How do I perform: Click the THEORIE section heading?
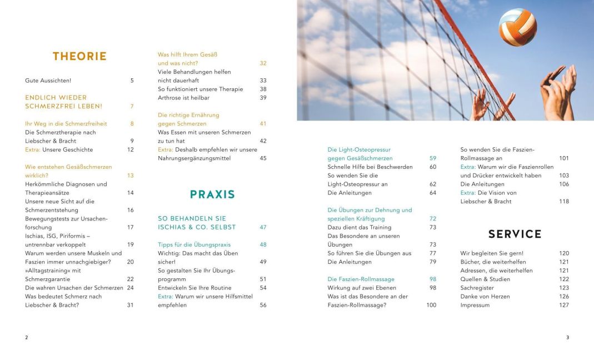tap(79, 56)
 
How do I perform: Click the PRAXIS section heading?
tap(212, 194)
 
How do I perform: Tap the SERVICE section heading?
tap(515, 234)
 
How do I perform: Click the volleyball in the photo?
tap(517, 27)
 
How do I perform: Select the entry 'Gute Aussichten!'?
tap(48, 81)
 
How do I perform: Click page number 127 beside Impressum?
tap(564, 305)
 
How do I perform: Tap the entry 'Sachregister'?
tap(476, 288)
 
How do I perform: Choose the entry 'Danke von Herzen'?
tap(485, 297)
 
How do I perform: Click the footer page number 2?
tap(27, 337)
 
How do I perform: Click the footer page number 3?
tap(567, 337)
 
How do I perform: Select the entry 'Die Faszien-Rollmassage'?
tap(361, 279)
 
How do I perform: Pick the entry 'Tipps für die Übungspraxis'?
tap(194, 244)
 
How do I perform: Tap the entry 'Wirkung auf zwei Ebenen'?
tap(362, 288)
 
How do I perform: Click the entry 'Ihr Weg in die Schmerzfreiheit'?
tap(66, 123)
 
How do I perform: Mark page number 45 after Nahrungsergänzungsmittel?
tap(263, 158)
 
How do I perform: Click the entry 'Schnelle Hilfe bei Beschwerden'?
tap(370, 167)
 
